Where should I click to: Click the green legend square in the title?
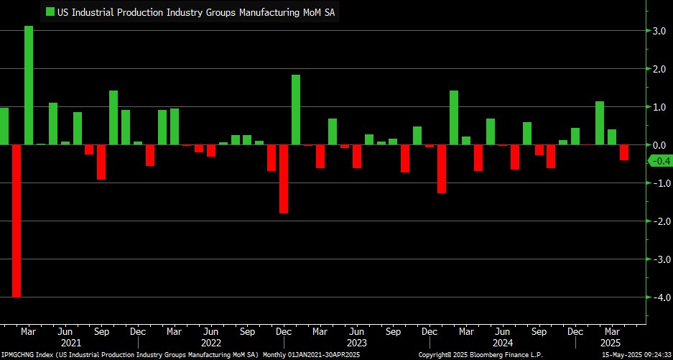(x=50, y=11)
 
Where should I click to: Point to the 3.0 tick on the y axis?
(x=656, y=31)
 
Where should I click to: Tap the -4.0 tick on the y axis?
(x=655, y=297)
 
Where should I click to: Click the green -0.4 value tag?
(x=659, y=161)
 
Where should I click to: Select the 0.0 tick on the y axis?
(x=656, y=145)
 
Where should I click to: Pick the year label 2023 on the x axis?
(x=358, y=343)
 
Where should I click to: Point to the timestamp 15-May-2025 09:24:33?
(x=633, y=355)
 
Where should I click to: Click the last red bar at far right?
(x=624, y=152)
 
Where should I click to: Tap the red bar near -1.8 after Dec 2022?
(x=284, y=179)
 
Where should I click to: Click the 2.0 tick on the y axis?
(x=656, y=69)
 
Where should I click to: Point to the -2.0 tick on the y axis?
(x=655, y=221)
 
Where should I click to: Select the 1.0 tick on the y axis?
(x=656, y=107)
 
